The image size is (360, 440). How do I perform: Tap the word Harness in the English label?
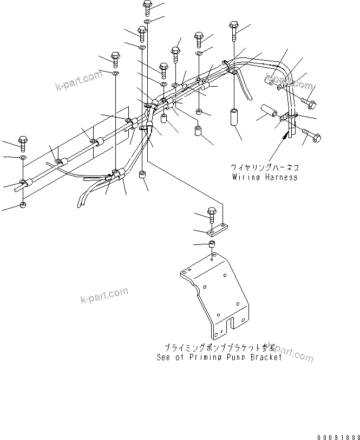point(282,177)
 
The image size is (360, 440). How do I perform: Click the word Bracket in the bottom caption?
point(265,358)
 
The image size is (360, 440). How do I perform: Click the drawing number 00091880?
point(338,435)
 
